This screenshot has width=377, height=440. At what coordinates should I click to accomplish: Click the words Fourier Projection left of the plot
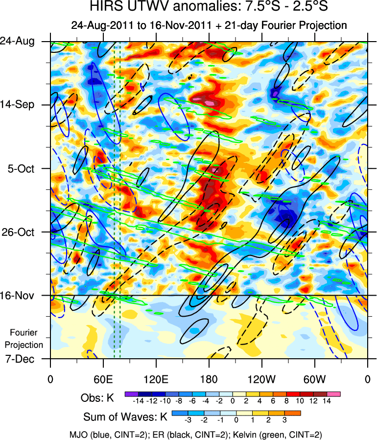pyautogui.click(x=26, y=338)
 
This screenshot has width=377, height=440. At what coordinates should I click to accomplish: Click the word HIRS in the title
pyautogui.click(x=105, y=7)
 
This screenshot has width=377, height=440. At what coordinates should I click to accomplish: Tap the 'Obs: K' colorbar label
pyautogui.click(x=97, y=398)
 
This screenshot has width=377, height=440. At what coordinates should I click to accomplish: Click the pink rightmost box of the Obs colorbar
pyautogui.click(x=334, y=394)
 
